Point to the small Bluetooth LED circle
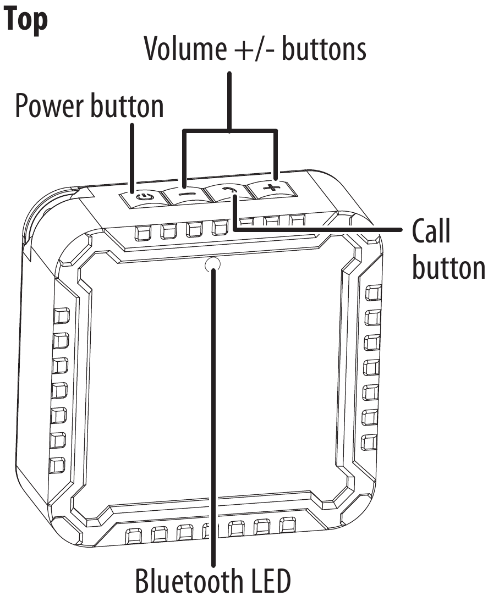pyautogui.click(x=212, y=265)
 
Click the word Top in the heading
pyautogui.click(x=26, y=20)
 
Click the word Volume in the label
pyautogui.click(x=185, y=48)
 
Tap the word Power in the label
pyautogui.click(x=50, y=107)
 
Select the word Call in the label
pyautogui.click(x=431, y=231)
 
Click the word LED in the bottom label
pyautogui.click(x=268, y=581)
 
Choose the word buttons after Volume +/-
pyautogui.click(x=324, y=48)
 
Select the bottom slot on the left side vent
pyautogui.click(x=57, y=465)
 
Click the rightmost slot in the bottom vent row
pyautogui.click(x=287, y=526)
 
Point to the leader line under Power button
pyautogui.click(x=132, y=158)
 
